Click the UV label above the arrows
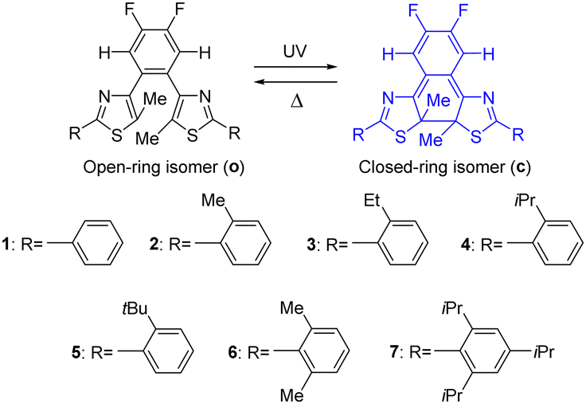click(295, 51)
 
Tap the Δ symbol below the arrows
click(297, 100)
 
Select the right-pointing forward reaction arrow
click(295, 67)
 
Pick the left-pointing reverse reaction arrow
click(295, 82)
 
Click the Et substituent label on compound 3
click(372, 202)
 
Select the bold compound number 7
click(395, 352)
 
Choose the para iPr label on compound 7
click(544, 352)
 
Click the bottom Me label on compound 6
click(292, 395)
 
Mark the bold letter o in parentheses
click(236, 168)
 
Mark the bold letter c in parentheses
click(521, 168)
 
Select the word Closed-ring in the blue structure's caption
click(397, 167)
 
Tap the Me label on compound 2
click(213, 202)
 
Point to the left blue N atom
click(389, 99)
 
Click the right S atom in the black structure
click(193, 135)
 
